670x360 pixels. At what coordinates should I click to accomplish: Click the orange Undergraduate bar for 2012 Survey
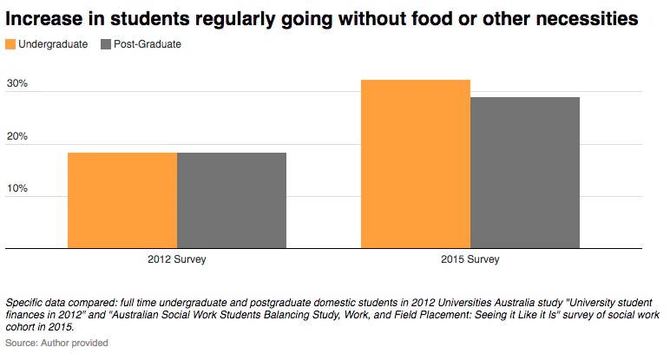122,200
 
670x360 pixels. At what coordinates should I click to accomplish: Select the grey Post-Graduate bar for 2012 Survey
232,200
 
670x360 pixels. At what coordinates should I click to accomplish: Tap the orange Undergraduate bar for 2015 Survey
416,164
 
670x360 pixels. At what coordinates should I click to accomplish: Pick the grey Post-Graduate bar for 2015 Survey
525,173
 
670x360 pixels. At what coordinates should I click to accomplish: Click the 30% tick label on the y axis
17,84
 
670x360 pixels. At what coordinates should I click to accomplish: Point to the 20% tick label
17,136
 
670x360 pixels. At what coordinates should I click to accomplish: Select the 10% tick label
17,188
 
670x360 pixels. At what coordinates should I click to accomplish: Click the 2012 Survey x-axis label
177,259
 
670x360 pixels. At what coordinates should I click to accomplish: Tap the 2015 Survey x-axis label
470,259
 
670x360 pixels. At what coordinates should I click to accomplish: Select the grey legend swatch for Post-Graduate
106,44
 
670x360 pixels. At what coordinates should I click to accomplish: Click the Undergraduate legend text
53,44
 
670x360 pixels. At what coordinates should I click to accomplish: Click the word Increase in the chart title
43,17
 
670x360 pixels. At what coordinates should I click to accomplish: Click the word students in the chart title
139,17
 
